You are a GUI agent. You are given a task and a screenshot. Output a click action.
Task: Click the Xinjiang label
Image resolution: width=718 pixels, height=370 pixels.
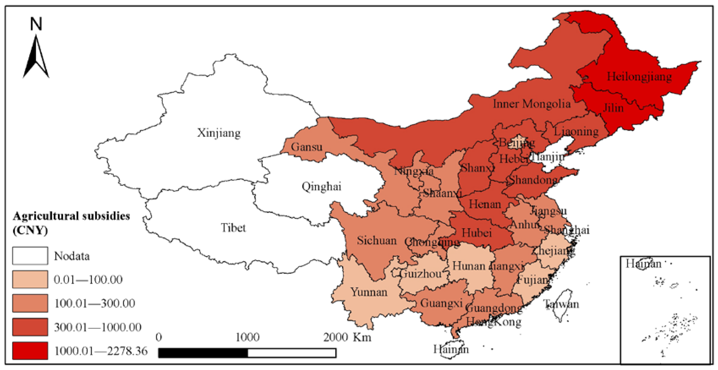(x=219, y=133)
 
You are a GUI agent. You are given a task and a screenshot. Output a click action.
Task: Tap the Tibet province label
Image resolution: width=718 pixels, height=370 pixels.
(x=233, y=228)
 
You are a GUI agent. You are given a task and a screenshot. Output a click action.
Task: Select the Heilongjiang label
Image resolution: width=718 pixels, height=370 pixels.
(x=639, y=76)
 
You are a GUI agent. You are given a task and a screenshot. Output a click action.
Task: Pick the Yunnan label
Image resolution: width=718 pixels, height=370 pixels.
(x=369, y=292)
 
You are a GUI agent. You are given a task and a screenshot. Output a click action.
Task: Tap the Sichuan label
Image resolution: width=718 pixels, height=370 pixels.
(x=377, y=240)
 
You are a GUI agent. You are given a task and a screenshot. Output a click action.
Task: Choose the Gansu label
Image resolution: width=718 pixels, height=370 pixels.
(x=307, y=147)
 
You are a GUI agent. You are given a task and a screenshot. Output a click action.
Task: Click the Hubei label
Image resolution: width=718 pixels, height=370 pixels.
(x=477, y=233)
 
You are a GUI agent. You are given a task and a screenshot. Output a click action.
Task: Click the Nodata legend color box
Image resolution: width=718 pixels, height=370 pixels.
(x=30, y=255)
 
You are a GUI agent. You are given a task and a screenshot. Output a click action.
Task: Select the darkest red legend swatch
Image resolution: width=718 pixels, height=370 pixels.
(x=30, y=351)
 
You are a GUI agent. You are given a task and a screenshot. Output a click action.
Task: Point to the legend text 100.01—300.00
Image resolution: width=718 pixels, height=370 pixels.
(x=95, y=303)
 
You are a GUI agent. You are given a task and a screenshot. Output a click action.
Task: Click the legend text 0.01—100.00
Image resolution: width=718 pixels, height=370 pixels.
(x=88, y=280)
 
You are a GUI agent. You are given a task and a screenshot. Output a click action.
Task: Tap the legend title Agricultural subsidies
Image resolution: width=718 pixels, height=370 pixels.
(x=71, y=216)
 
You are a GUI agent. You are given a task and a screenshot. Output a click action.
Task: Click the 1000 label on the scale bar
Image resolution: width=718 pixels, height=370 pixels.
(x=248, y=337)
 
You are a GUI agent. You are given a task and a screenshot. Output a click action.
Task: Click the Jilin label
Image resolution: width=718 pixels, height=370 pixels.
(x=613, y=108)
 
